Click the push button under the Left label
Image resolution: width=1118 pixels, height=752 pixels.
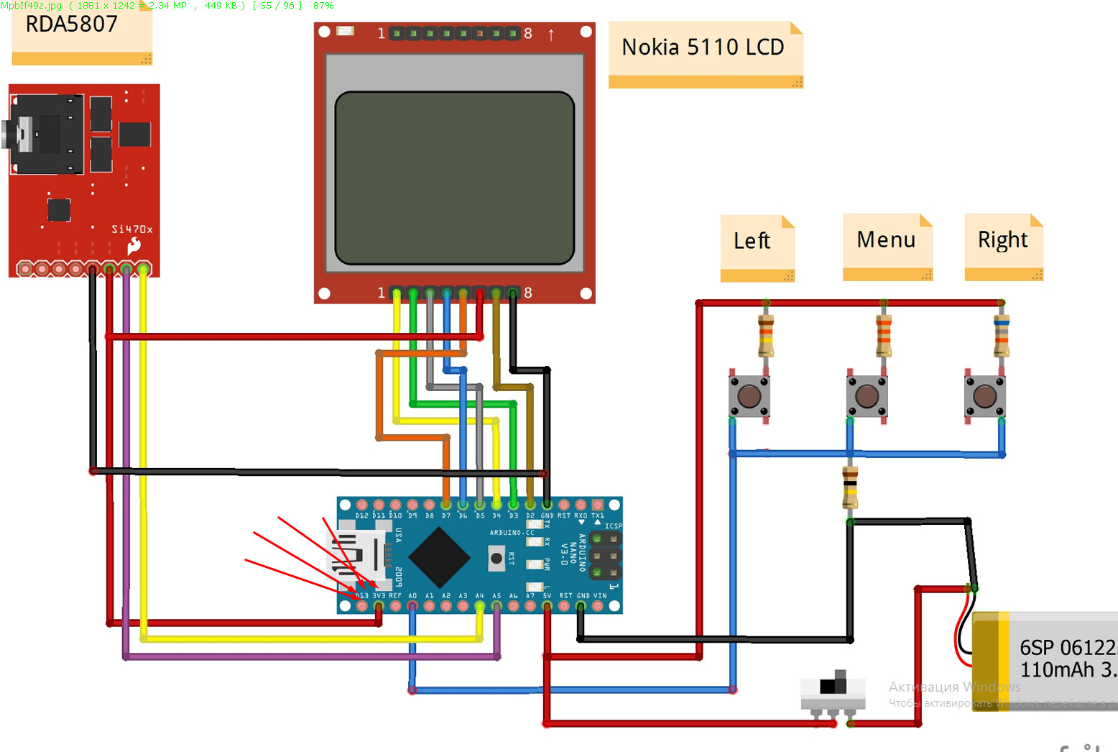[x=749, y=396]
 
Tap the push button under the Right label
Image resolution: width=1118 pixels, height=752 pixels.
[x=984, y=396]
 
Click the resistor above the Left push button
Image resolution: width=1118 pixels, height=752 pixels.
[x=766, y=336]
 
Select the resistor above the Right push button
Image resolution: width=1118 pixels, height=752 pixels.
[x=1001, y=336]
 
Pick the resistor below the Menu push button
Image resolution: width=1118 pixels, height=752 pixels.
[x=850, y=487]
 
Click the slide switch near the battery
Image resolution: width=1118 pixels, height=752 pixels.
[x=833, y=690]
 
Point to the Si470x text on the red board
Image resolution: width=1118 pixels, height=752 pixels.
[x=131, y=229]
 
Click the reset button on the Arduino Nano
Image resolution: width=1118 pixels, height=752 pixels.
[x=496, y=558]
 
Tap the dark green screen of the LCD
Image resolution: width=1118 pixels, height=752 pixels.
[x=454, y=178]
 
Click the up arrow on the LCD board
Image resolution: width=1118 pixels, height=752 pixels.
[x=551, y=35]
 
